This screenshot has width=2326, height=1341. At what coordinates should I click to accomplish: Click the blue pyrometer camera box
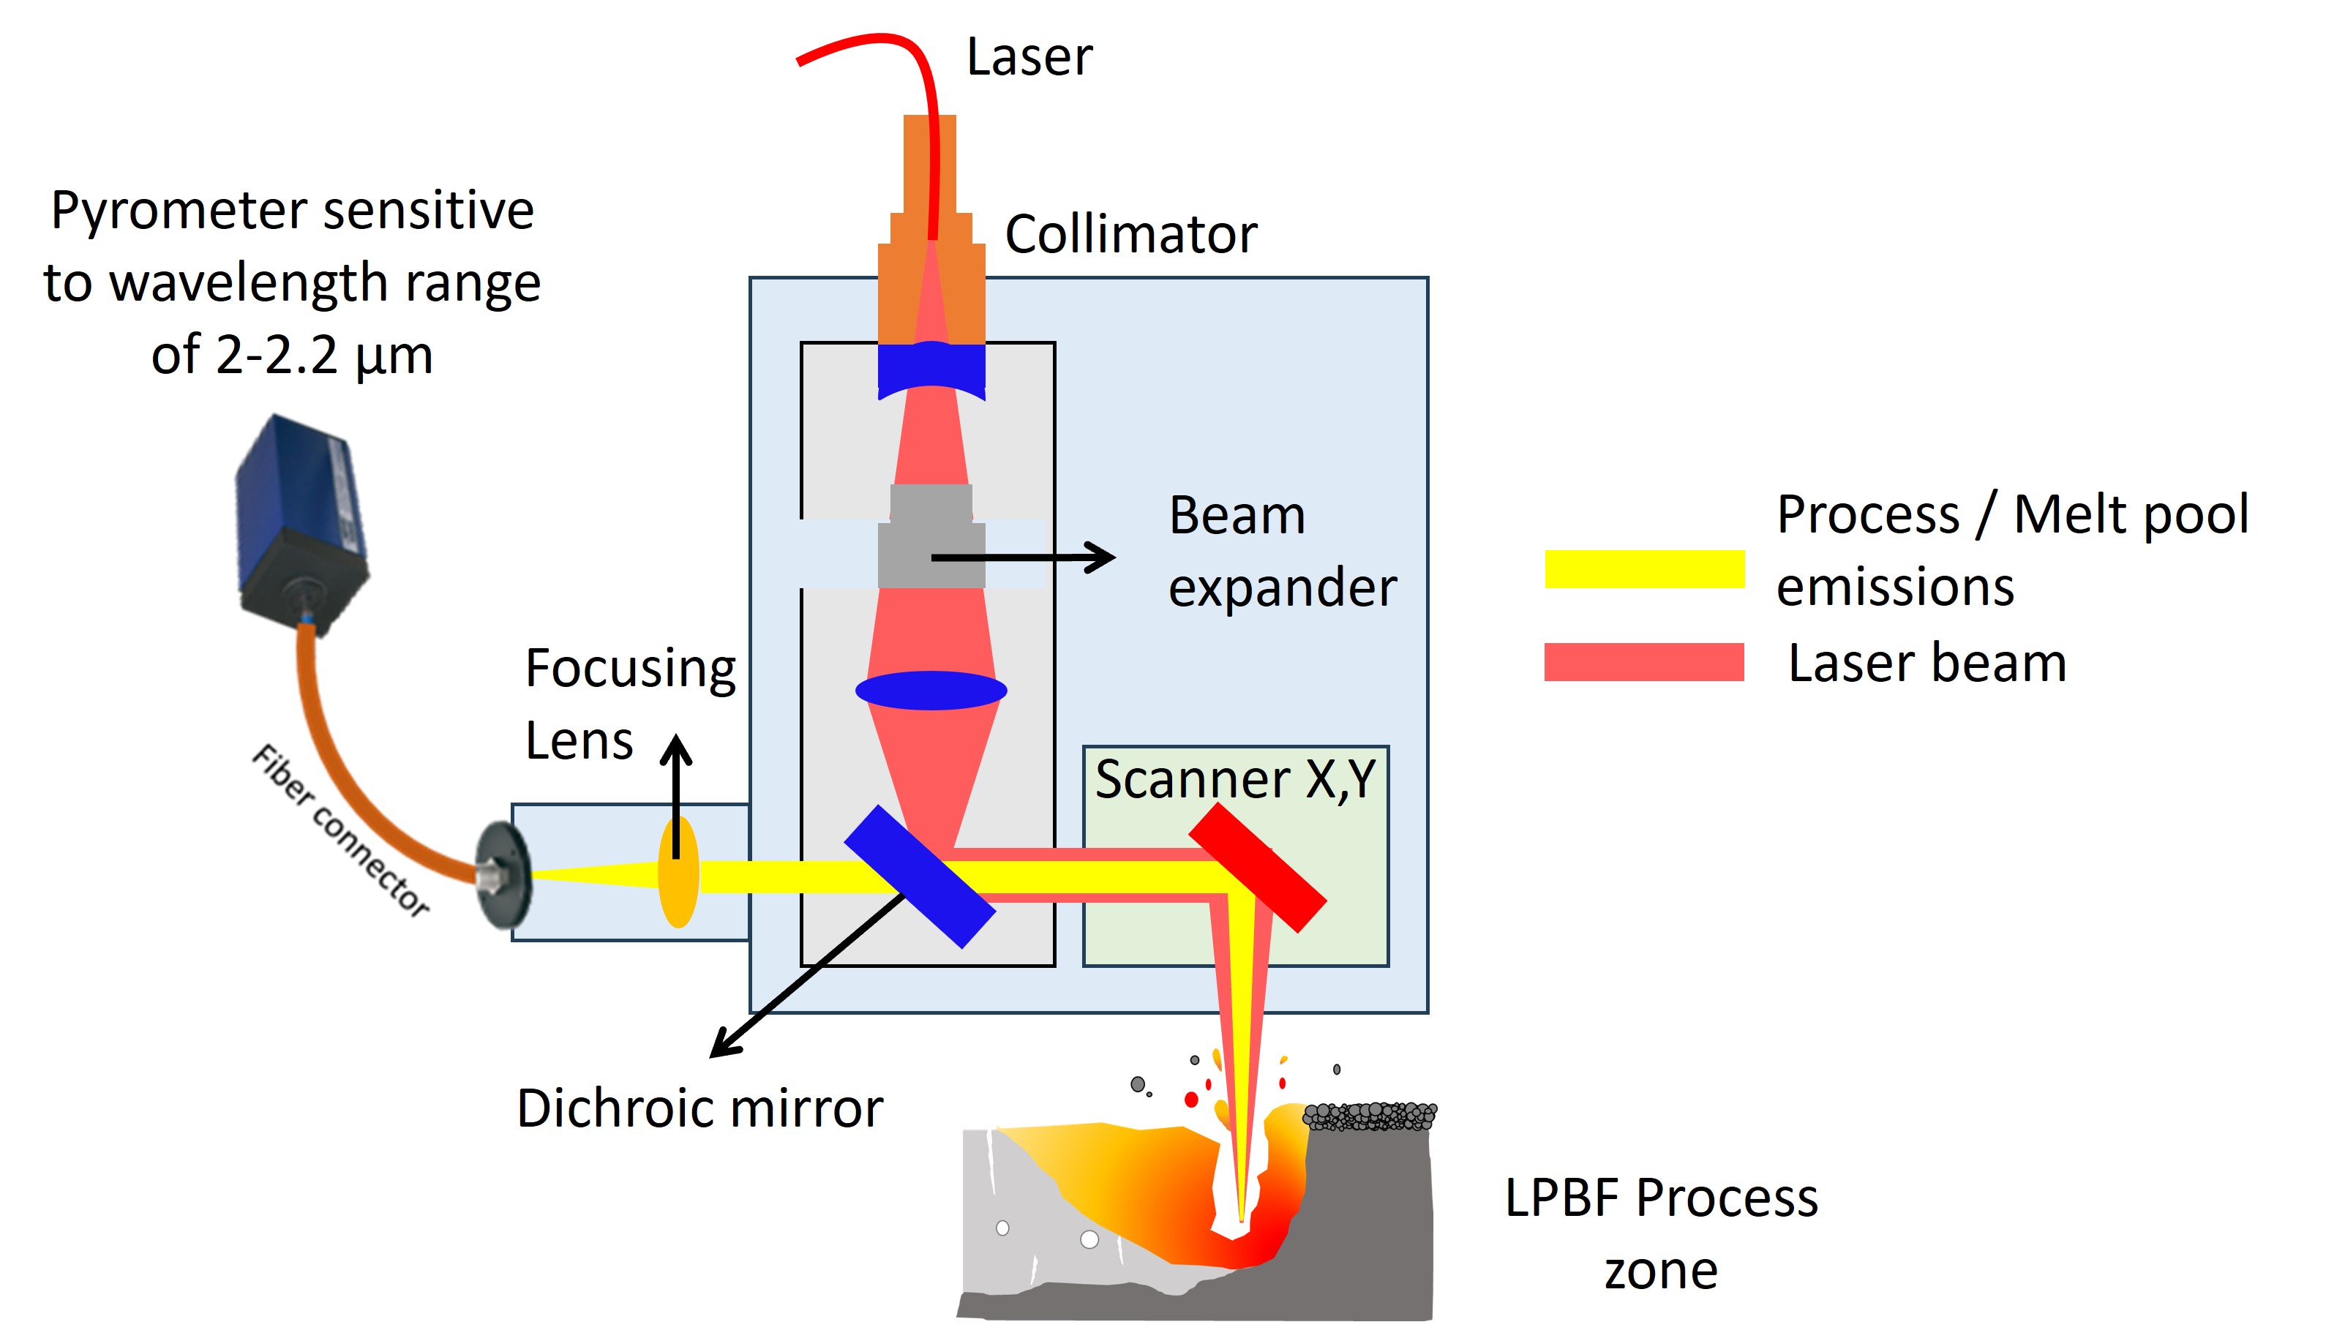(299, 516)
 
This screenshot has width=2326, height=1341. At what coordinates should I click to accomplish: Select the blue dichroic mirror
(919, 876)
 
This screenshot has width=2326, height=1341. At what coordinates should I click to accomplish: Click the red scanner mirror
(1257, 868)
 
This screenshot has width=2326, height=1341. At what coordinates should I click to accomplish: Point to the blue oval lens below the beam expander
(931, 690)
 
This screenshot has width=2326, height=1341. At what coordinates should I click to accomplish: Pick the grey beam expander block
(931, 538)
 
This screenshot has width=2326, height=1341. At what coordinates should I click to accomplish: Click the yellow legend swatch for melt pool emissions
(1643, 568)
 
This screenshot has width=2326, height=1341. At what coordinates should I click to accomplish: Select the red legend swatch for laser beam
(1643, 661)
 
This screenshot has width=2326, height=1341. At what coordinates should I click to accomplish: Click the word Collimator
(1130, 234)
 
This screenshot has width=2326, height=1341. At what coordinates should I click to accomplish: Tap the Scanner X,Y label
(1235, 779)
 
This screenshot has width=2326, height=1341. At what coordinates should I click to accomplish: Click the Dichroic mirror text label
(699, 1108)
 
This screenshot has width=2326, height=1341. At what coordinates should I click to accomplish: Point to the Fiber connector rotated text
(341, 830)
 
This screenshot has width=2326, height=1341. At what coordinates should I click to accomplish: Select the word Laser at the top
(1029, 57)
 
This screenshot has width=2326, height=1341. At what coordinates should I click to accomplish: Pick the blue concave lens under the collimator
(931, 369)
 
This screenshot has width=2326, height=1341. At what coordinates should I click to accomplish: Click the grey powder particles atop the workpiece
(1369, 1116)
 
